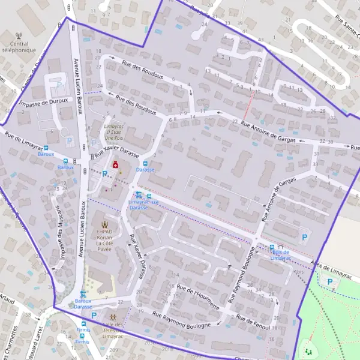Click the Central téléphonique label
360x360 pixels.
click(x=23, y=47)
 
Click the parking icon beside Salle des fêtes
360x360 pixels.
click(x=94, y=314)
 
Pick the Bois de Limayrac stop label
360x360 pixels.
click(x=280, y=254)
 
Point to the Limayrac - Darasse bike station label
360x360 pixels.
click(x=144, y=205)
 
